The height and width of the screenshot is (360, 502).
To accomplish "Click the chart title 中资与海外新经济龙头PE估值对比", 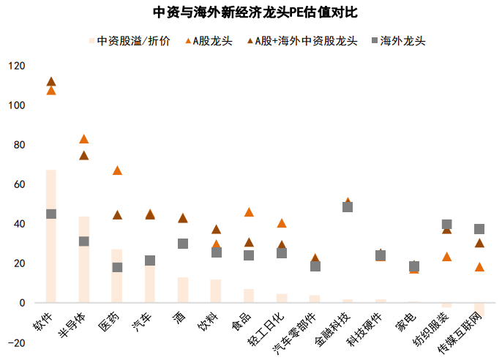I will pos(251,13).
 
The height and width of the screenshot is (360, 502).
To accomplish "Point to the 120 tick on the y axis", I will pos(16,66).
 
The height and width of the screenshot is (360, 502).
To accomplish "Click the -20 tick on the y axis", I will pos(16,342).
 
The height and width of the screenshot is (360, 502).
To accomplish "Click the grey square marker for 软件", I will pos(51,214).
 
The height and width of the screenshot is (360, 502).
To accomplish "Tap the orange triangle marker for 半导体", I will pos(84,139).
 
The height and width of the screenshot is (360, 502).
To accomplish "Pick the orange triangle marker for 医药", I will pos(117,170).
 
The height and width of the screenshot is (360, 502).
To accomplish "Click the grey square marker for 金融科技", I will pos(348,207).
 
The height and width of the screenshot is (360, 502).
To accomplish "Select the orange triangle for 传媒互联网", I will pos(479,267).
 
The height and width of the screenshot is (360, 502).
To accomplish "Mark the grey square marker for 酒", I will pos(183,244).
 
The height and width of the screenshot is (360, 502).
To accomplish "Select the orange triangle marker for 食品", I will pos(249,212).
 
